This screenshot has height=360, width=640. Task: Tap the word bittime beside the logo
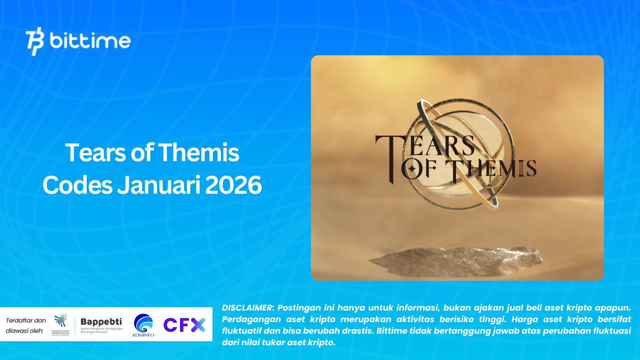pos(90,41)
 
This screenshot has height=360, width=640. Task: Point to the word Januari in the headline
pos(159,185)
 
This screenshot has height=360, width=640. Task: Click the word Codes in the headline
pos(77,185)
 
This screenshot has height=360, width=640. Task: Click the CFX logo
pos(184,325)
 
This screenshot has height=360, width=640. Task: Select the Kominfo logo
pos(143,325)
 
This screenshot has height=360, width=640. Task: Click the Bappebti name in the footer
pos(101,322)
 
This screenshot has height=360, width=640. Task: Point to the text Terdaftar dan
pos(26,320)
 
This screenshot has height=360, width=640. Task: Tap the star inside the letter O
pos(412,169)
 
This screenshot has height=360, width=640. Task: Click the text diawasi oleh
pos(24,331)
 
